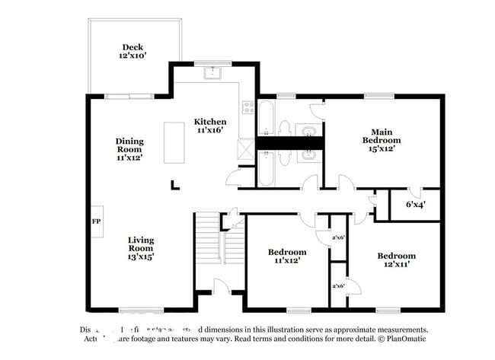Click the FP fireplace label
[96, 221]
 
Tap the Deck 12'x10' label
[132, 51]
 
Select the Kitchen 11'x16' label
[209, 126]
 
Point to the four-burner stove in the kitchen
[247, 107]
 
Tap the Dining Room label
[129, 149]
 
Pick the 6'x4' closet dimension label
[415, 204]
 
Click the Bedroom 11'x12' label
[287, 256]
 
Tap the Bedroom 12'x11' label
[397, 260]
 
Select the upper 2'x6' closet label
[340, 238]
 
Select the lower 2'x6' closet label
[338, 285]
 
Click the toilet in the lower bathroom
[283, 159]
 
